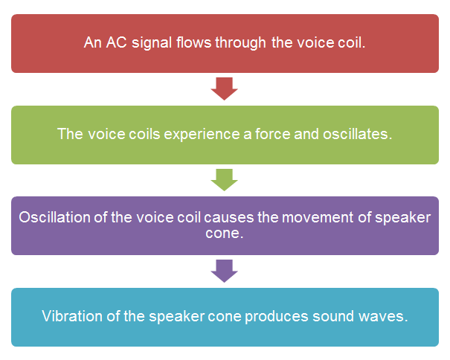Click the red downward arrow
224,89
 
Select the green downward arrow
224,180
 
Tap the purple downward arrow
224,271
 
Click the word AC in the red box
116,42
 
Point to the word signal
152,43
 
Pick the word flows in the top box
193,42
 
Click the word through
240,43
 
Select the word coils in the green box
144,134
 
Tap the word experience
202,135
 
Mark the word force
273,134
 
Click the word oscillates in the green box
357,134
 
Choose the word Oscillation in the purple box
54,217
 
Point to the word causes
229,218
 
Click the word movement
318,218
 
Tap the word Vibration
72,316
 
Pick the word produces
277,317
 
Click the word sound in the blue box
333,316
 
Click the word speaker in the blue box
176,317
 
